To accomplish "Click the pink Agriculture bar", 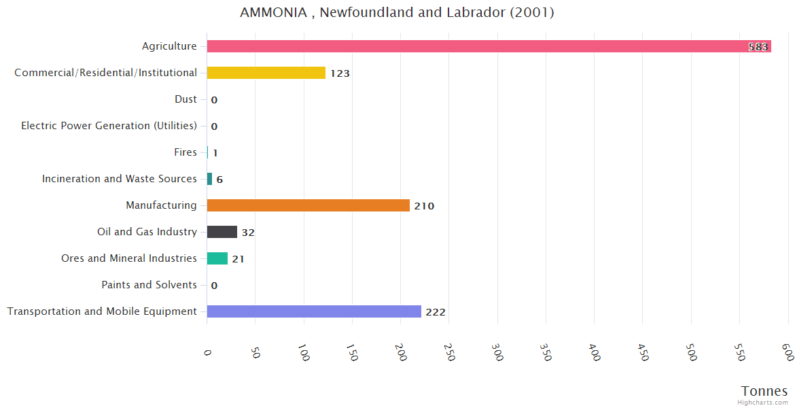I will coord(476,46).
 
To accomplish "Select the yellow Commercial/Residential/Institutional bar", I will coord(266,73).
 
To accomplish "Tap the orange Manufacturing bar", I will coord(308,205).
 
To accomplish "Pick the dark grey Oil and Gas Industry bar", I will coord(222,232).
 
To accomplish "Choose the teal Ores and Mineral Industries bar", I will coord(217,258).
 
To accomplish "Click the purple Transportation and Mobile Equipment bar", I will coord(314,311).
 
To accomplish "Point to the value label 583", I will coord(758,47).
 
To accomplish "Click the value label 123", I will coord(340,73).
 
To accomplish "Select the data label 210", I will coord(424,206).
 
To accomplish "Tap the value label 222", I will coord(436,312).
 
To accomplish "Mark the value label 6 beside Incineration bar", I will coord(219,180).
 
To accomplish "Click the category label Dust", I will coord(185,99).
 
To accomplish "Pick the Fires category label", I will coord(185,152).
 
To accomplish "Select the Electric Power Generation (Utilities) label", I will coord(109,126).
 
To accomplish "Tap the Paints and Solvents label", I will coord(149,285).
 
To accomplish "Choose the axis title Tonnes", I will coord(764,391).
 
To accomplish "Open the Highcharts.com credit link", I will coord(763,402).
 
